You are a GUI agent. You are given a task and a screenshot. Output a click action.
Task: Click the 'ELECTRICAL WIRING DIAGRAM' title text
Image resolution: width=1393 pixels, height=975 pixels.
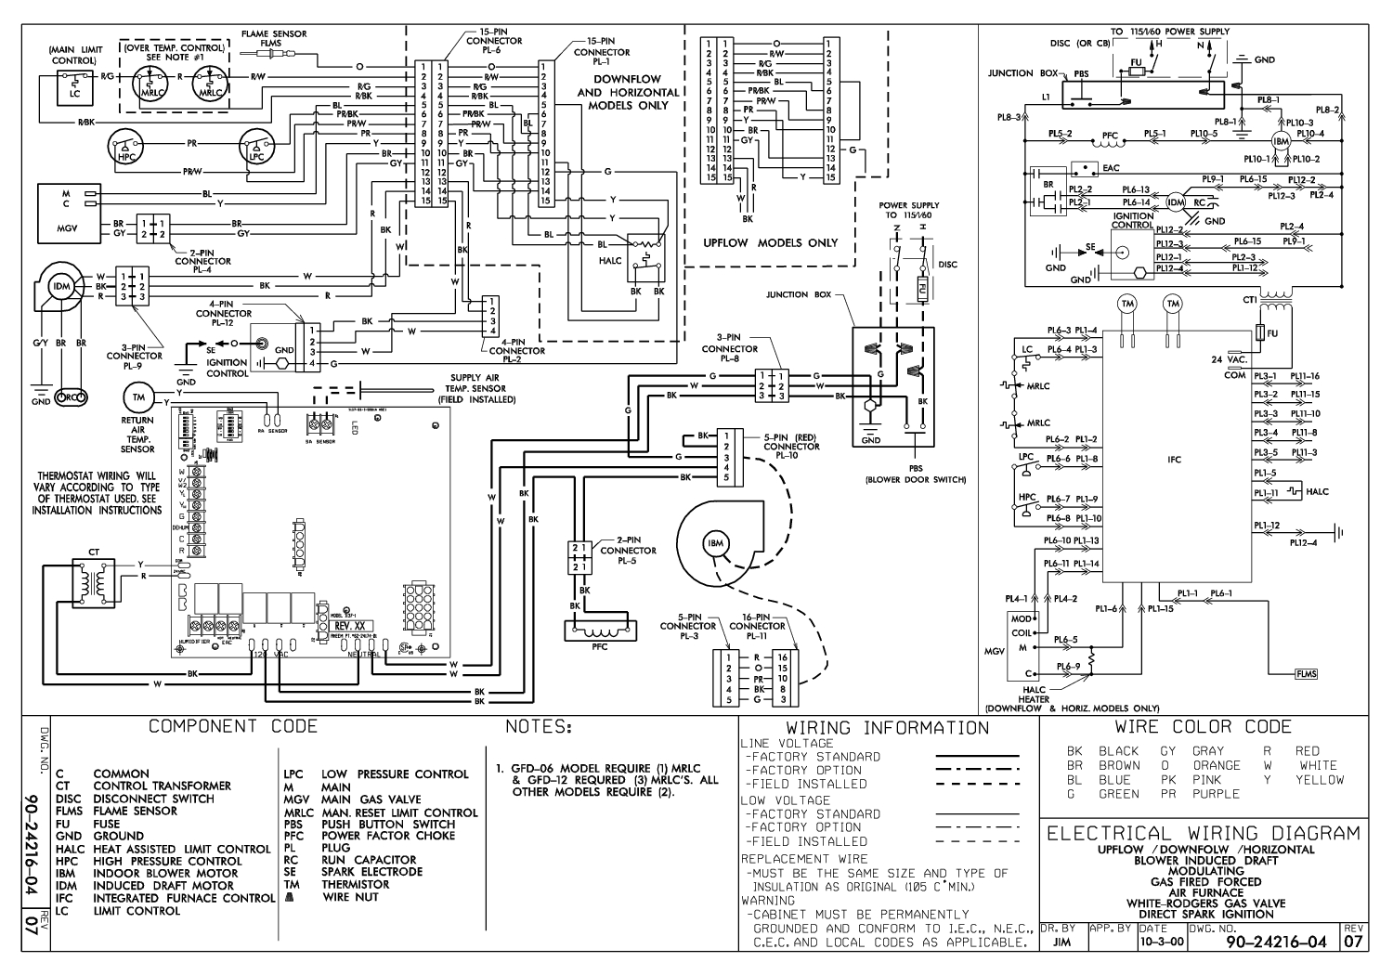1204,833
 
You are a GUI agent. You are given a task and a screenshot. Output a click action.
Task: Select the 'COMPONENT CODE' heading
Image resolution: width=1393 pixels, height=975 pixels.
233,726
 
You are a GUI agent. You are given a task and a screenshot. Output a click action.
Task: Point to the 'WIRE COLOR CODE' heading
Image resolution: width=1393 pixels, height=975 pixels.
1203,727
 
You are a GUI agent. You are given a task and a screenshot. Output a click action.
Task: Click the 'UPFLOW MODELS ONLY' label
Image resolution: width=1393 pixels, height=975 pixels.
770,243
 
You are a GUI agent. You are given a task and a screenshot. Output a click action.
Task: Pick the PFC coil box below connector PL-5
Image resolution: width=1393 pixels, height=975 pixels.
600,630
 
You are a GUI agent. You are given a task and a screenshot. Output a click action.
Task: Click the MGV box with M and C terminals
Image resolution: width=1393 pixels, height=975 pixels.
66,210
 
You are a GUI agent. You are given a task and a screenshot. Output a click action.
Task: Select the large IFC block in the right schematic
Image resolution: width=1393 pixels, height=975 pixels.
1174,459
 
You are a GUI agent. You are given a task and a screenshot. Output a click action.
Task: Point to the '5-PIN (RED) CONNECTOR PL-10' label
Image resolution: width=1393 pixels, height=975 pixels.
791,447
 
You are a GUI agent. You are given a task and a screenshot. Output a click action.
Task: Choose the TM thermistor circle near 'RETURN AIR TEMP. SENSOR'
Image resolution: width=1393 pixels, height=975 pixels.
137,398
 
